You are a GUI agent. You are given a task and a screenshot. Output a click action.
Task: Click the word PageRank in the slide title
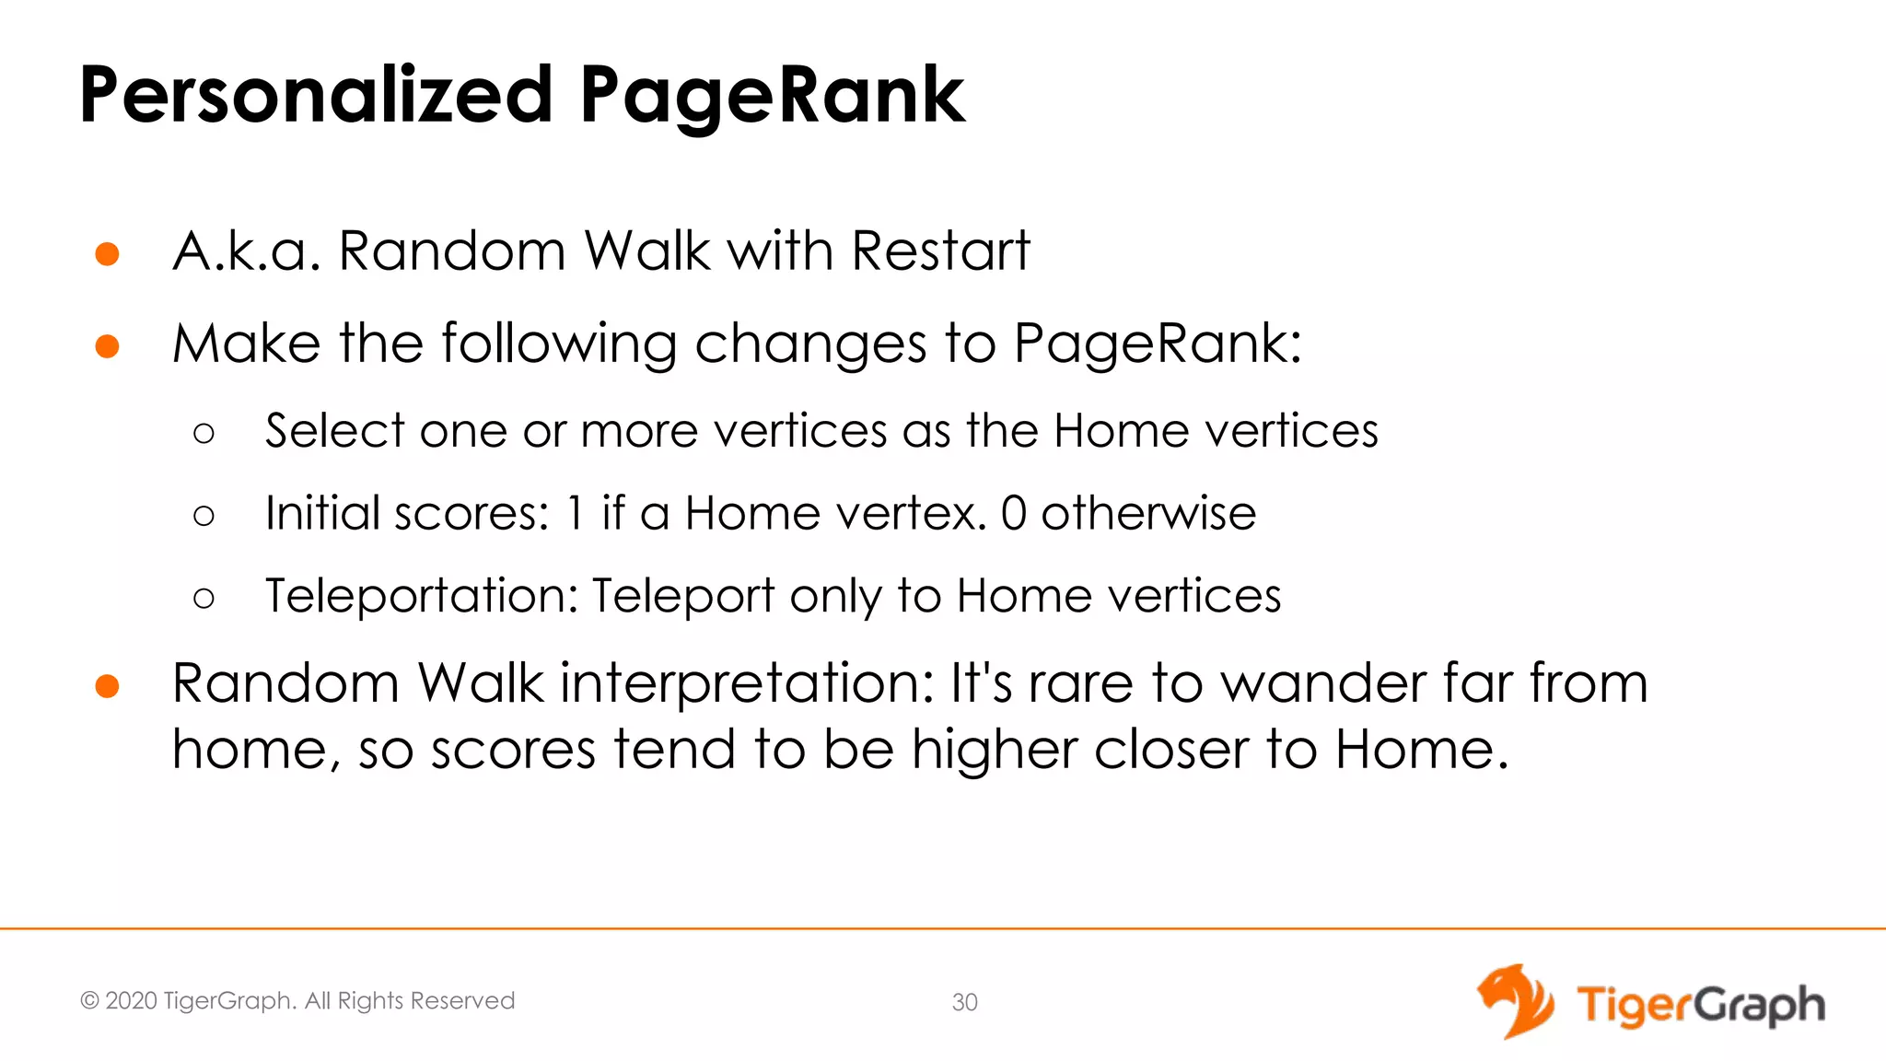(x=772, y=96)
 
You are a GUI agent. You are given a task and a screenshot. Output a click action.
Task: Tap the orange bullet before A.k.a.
(x=108, y=254)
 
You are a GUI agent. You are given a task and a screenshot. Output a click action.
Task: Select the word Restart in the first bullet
(x=940, y=251)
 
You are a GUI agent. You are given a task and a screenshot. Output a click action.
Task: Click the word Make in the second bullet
(x=246, y=344)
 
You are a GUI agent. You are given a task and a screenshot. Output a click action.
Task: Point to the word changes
(x=809, y=345)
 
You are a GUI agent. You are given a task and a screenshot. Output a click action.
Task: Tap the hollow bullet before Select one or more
(x=204, y=433)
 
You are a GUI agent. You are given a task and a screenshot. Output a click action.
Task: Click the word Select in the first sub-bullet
(x=335, y=430)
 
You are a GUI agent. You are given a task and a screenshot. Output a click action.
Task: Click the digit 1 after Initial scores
(x=576, y=513)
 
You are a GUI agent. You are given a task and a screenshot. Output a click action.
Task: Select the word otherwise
(x=1148, y=513)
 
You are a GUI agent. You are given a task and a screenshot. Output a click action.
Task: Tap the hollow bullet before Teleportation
(x=204, y=599)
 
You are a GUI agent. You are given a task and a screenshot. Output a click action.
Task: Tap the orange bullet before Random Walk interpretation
(x=108, y=687)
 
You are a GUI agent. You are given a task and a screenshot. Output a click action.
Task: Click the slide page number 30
(x=964, y=1002)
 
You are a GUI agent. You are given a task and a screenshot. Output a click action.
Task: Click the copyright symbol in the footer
(x=89, y=1000)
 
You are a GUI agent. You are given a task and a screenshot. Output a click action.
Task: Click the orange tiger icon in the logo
(x=1515, y=1001)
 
